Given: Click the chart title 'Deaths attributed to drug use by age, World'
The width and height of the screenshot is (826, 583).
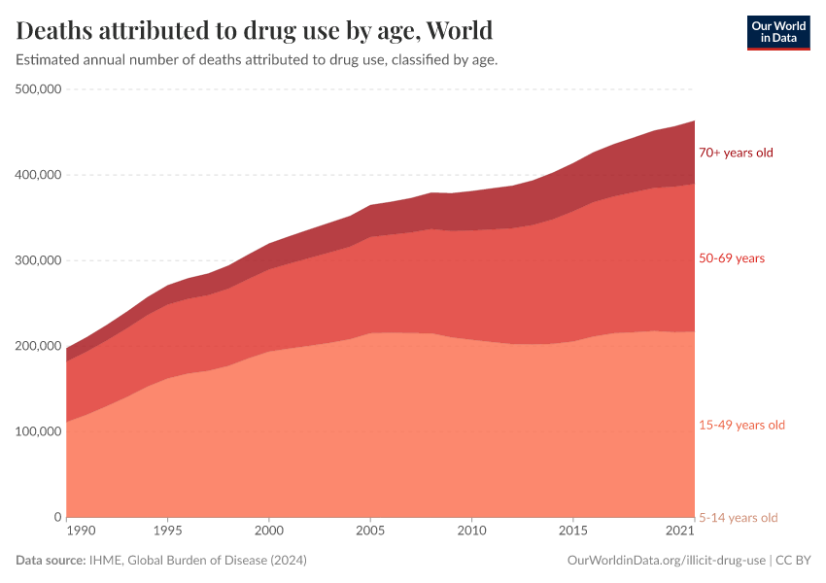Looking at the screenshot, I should [255, 30].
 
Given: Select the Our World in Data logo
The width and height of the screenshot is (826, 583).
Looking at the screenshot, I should [777, 32].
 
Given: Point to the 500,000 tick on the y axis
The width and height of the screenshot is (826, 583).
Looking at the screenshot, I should [39, 89].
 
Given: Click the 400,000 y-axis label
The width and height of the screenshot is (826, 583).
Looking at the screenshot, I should [39, 175].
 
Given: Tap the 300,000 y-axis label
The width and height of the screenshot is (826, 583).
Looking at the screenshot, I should [39, 260].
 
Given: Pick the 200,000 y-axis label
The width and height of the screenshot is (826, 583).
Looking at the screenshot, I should [39, 346].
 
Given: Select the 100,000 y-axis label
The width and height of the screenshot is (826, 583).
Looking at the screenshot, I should [39, 431].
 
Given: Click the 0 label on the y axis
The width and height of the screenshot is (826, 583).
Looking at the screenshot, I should [57, 517].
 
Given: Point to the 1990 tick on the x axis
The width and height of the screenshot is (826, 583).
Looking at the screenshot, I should [82, 532].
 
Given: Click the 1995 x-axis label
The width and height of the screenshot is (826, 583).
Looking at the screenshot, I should [168, 532].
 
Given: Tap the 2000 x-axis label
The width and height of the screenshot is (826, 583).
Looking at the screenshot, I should [269, 532].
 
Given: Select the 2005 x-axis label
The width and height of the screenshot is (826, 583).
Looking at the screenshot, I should [370, 532].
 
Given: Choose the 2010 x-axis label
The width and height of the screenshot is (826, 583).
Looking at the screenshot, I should [471, 532].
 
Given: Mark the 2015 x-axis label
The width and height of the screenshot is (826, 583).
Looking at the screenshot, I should [572, 532].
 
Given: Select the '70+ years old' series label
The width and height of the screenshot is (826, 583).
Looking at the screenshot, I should [736, 153].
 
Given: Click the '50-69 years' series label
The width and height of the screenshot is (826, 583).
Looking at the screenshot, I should [732, 258].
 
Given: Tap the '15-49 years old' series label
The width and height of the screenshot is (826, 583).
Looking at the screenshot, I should [741, 425].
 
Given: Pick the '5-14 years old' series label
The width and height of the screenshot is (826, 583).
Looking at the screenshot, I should [739, 517].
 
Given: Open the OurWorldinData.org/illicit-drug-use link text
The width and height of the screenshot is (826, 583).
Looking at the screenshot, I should [667, 561].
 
